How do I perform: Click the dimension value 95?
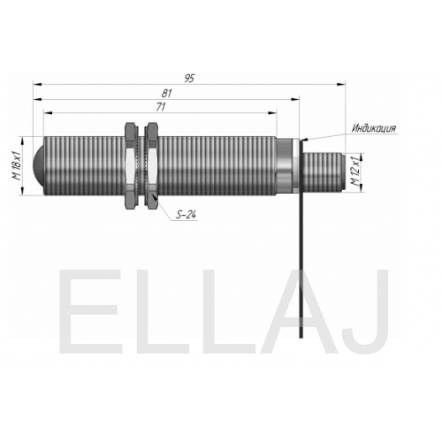coord(190,79)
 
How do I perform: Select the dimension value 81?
coord(166,93)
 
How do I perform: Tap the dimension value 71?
coord(161,107)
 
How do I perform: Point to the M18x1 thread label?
coord(16,165)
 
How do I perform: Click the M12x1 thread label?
coord(355,171)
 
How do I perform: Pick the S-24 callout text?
coord(186,215)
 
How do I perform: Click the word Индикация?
coord(374,128)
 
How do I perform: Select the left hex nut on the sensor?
coord(132,165)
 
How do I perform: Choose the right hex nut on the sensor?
coord(152,165)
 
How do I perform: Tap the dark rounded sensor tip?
coord(39,165)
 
